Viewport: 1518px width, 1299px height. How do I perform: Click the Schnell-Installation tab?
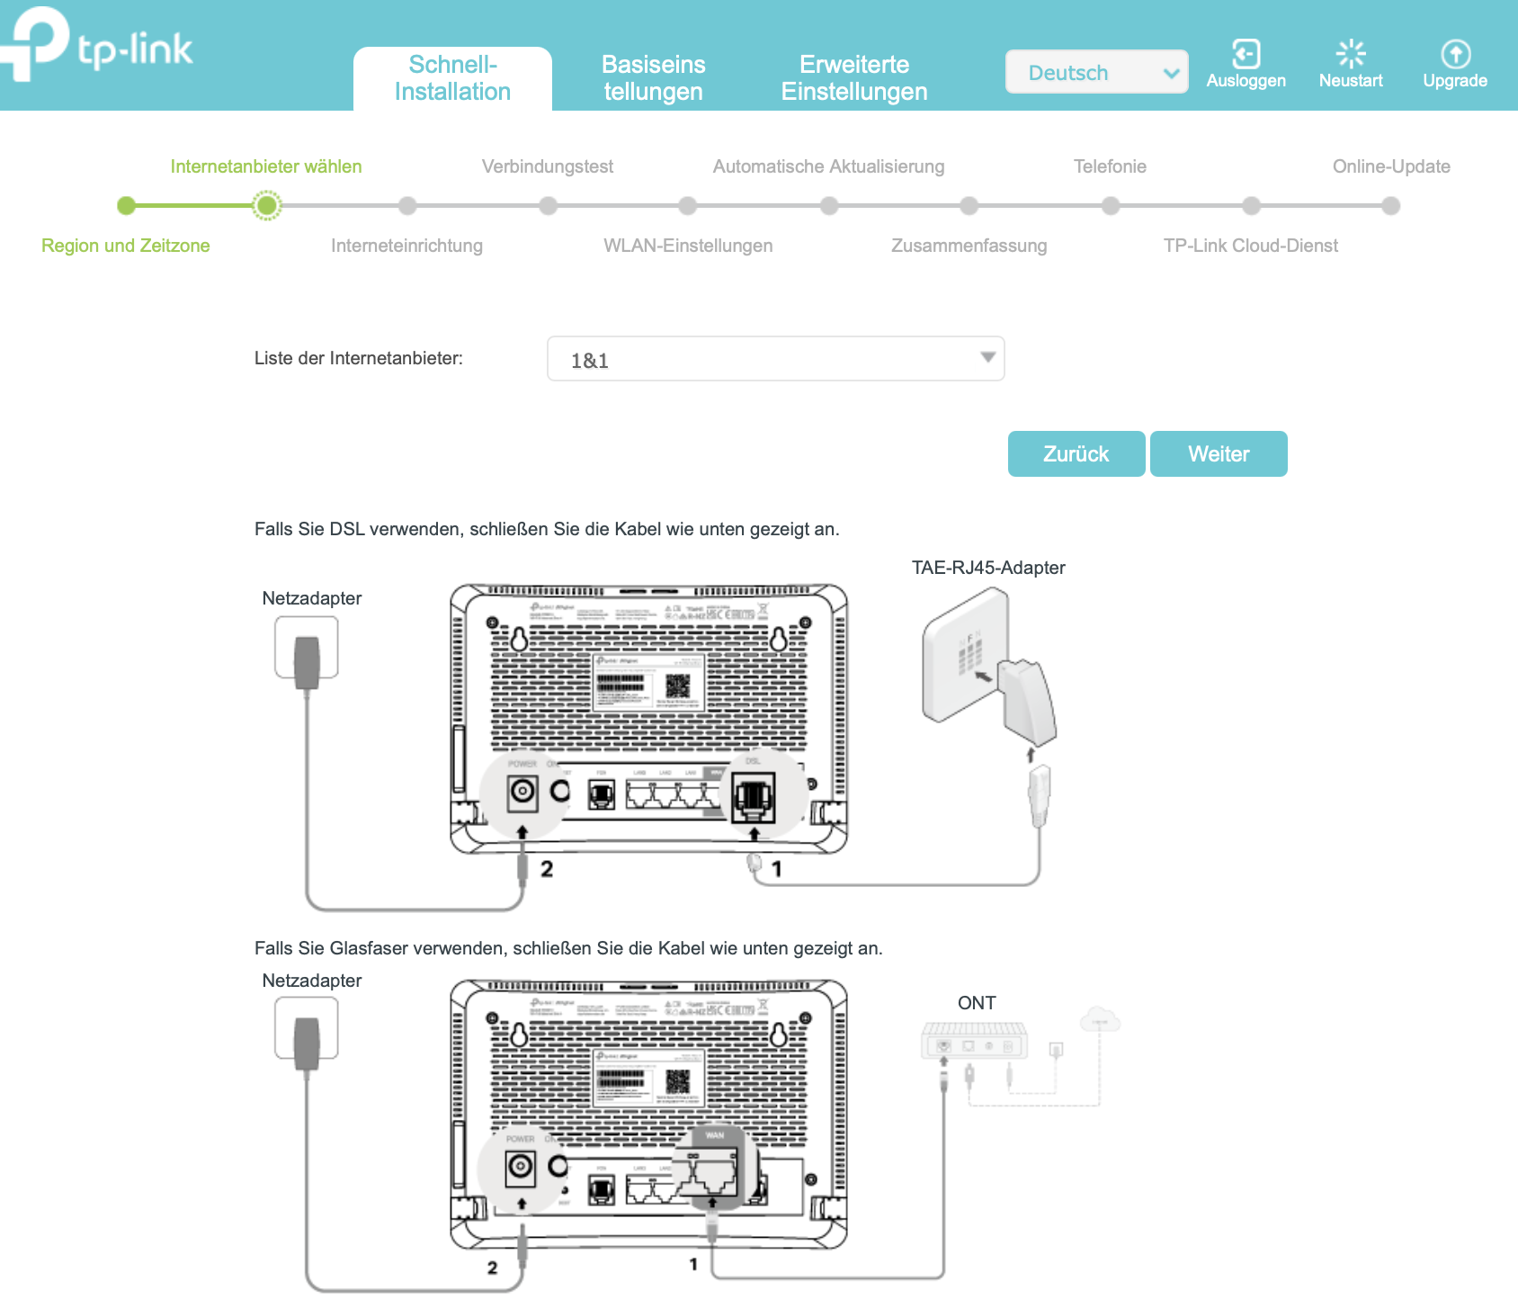click(452, 78)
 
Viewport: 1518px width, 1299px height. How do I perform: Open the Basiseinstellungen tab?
click(653, 78)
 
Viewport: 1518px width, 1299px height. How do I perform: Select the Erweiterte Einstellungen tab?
click(853, 78)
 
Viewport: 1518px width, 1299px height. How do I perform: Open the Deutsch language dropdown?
click(1096, 72)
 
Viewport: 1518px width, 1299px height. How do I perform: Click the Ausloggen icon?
click(1246, 54)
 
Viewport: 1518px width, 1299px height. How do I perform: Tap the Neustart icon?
click(1351, 54)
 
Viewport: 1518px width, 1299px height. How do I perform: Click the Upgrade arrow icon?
click(1455, 54)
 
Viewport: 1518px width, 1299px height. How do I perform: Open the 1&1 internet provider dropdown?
click(775, 359)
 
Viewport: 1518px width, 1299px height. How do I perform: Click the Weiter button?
click(1219, 454)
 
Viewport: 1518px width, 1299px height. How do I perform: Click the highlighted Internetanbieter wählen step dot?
click(266, 206)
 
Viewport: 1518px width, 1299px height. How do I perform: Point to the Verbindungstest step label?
click(547, 166)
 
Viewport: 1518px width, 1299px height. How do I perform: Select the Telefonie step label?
click(1110, 166)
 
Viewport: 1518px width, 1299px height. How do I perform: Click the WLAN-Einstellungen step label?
click(688, 246)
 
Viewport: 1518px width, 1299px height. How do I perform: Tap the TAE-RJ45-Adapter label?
click(988, 568)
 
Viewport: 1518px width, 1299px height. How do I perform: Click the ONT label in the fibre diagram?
click(977, 1003)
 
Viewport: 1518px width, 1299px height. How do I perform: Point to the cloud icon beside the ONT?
click(1099, 1019)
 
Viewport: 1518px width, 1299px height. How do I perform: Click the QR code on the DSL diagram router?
click(678, 685)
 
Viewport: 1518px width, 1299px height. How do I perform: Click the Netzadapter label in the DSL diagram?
click(312, 598)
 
